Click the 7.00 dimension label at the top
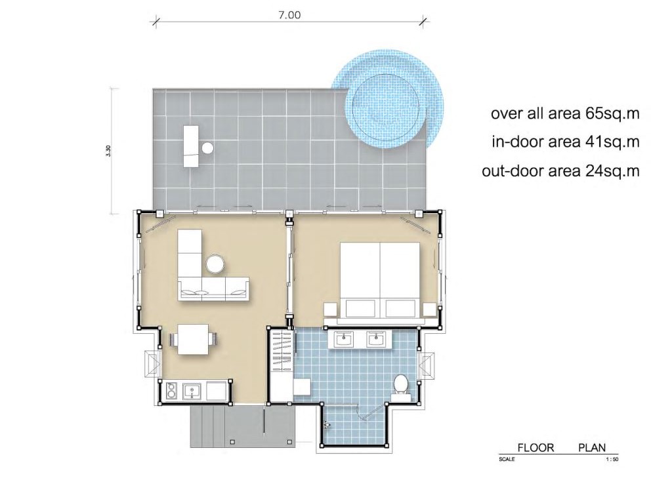tap(289, 15)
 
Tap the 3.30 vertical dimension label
tap(108, 151)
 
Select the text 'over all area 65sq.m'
tap(565, 114)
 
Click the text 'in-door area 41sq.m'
tap(565, 142)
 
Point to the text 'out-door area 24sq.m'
tap(560, 171)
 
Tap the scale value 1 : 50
tap(612, 460)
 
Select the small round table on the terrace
tap(207, 148)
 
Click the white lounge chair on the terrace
tap(191, 146)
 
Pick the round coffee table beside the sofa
tap(215, 264)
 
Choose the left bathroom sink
tap(344, 340)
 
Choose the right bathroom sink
tap(376, 340)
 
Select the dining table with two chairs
tap(194, 340)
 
